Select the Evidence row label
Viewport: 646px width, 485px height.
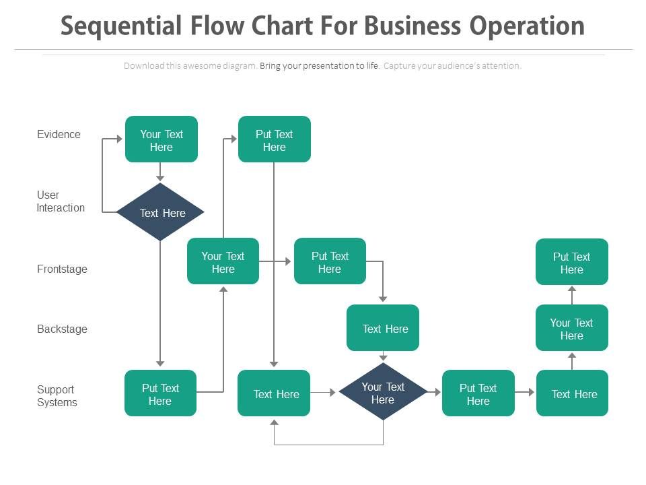pyautogui.click(x=59, y=134)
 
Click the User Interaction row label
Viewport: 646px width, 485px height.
pyautogui.click(x=60, y=201)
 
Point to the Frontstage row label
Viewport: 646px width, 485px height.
pyautogui.click(x=62, y=269)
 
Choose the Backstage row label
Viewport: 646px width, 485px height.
pyautogui.click(x=62, y=329)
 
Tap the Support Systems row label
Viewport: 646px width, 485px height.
pyautogui.click(x=57, y=396)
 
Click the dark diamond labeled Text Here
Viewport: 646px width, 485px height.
pyautogui.click(x=161, y=213)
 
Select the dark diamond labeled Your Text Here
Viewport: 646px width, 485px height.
pyautogui.click(x=383, y=393)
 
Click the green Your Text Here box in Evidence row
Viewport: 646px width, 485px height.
pyautogui.click(x=161, y=139)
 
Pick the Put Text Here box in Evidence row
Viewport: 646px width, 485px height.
pyautogui.click(x=275, y=139)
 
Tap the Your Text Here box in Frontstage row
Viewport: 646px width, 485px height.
pyautogui.click(x=223, y=261)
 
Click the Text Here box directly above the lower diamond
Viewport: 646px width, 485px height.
pyautogui.click(x=383, y=328)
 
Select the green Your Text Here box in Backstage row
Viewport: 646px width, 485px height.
pyautogui.click(x=572, y=328)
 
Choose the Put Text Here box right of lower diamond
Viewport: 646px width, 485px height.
pyautogui.click(x=478, y=393)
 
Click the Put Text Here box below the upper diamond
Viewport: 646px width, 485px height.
pyautogui.click(x=160, y=393)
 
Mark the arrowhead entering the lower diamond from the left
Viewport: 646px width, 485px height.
pyautogui.click(x=332, y=392)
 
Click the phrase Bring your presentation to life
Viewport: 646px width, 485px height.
pyautogui.click(x=320, y=66)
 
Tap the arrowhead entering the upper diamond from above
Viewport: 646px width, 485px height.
pyautogui.click(x=160, y=179)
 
